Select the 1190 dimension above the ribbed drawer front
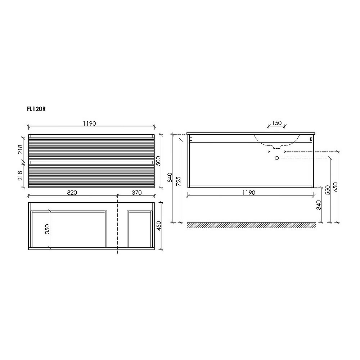[x=90, y=123]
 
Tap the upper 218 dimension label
[x=21, y=149]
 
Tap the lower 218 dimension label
[x=21, y=175]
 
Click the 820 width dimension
[x=72, y=193]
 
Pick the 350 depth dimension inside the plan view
[x=47, y=229]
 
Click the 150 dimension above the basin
[x=276, y=123]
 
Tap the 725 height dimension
[x=179, y=180]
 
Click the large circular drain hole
[x=277, y=158]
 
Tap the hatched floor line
[x=251, y=225]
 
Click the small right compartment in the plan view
[x=139, y=229]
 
